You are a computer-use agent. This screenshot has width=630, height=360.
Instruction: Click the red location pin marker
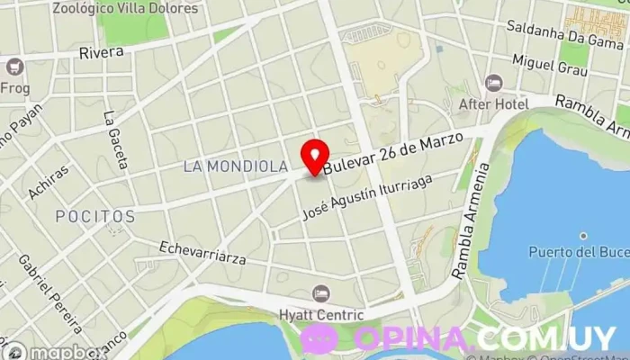pyautogui.click(x=314, y=156)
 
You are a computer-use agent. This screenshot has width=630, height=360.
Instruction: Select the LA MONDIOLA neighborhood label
pyautogui.click(x=235, y=166)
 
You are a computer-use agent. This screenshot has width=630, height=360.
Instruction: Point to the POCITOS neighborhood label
pyautogui.click(x=95, y=217)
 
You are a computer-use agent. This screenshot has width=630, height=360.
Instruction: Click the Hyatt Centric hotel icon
pyautogui.click(x=321, y=293)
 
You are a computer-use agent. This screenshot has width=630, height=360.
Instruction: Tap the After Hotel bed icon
pyautogui.click(x=493, y=84)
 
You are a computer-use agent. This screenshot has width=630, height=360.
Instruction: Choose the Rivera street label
pyautogui.click(x=101, y=52)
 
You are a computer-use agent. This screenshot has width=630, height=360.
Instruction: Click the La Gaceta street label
pyautogui.click(x=115, y=139)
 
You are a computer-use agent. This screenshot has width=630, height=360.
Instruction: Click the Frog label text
pyautogui.click(x=15, y=88)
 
